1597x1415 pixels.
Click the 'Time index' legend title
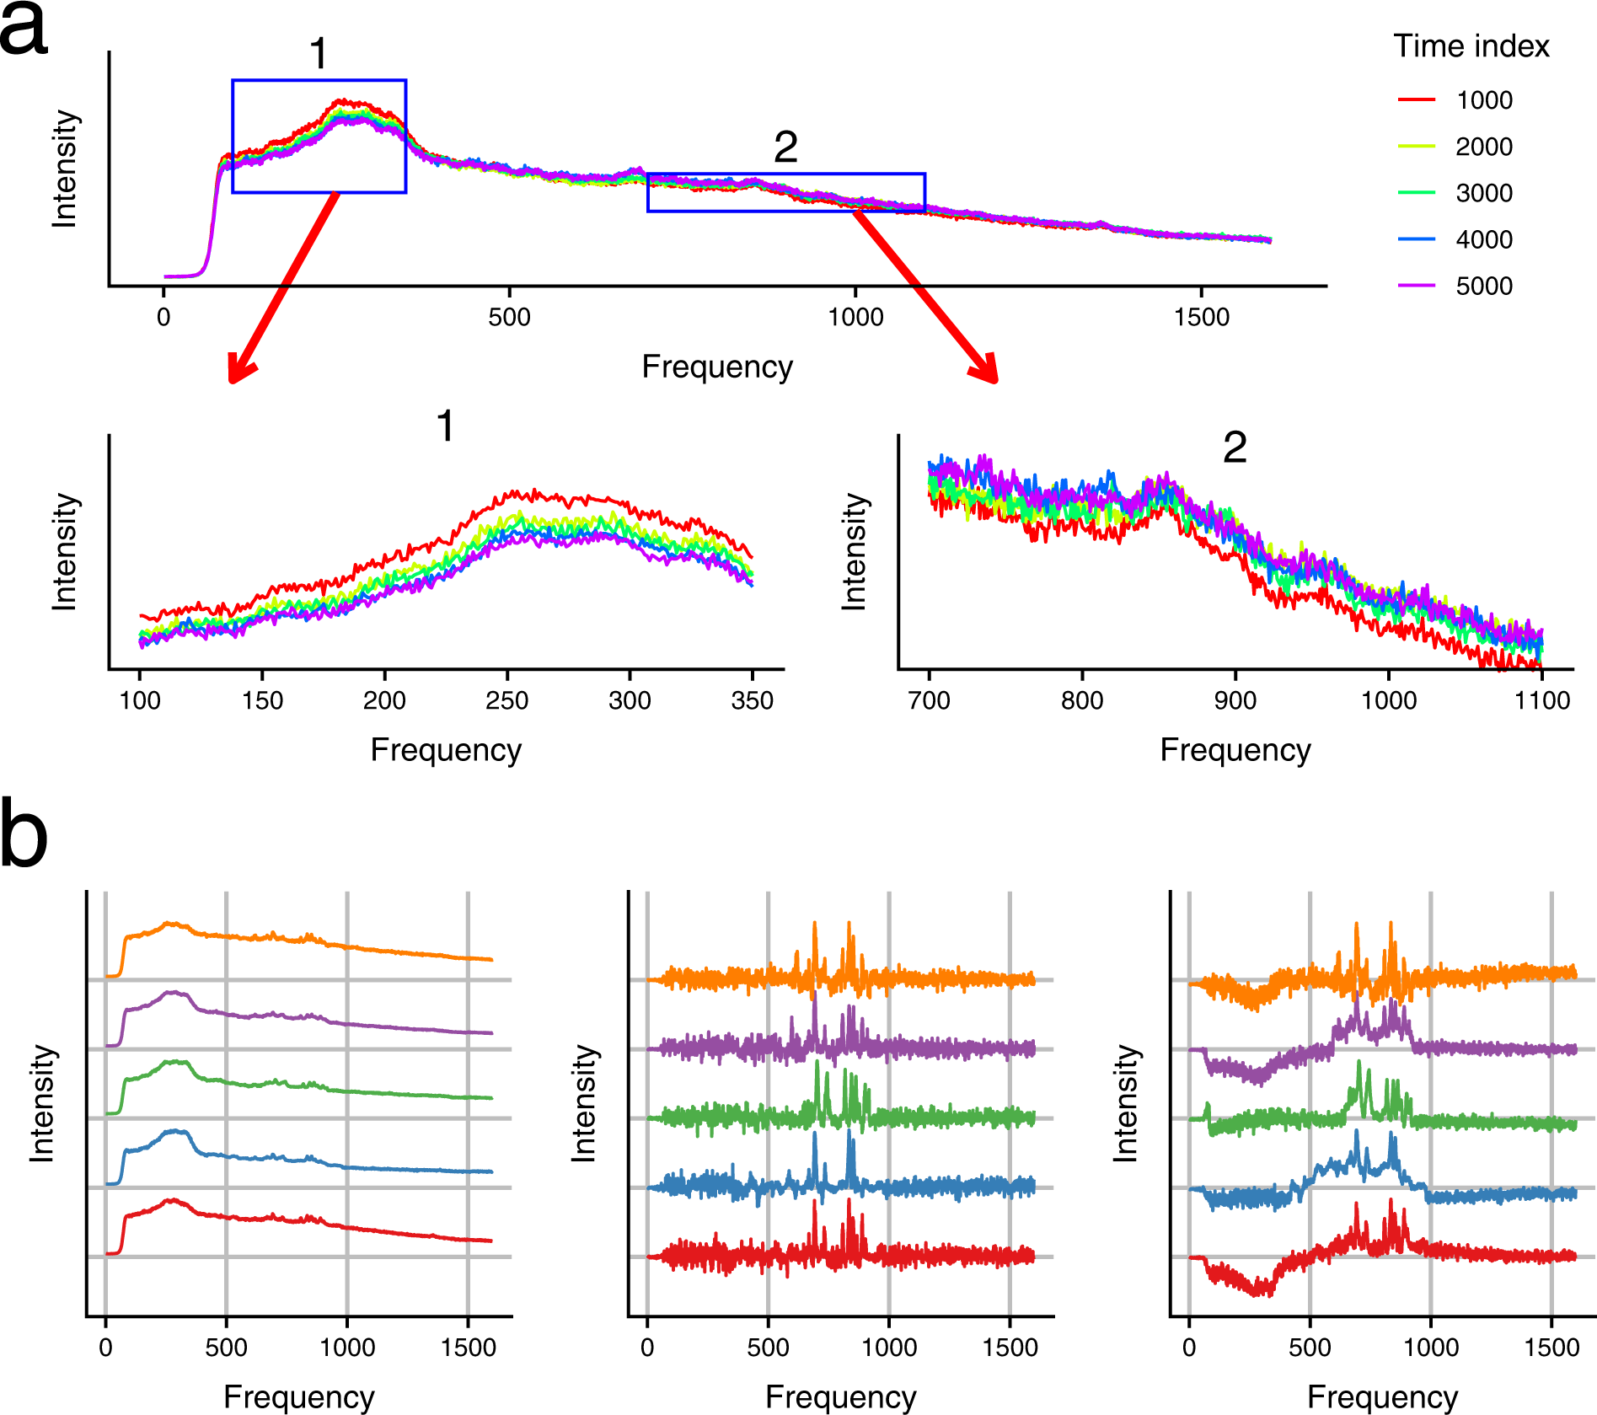click(x=1471, y=46)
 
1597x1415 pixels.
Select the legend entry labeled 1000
click(x=1483, y=100)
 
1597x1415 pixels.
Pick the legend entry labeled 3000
click(x=1483, y=193)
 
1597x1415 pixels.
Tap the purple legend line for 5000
click(x=1417, y=286)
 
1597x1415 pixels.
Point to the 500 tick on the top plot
click(x=509, y=317)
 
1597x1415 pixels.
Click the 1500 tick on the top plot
click(x=1202, y=317)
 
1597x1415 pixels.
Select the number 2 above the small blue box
click(x=785, y=148)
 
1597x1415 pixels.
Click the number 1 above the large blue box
click(x=318, y=54)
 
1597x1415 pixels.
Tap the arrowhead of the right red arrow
click(x=988, y=372)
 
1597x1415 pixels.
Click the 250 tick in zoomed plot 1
click(x=507, y=700)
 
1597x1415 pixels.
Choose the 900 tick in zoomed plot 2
click(x=1235, y=700)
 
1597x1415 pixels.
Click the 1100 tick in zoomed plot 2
click(x=1542, y=700)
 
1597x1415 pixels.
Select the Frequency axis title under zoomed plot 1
click(x=446, y=749)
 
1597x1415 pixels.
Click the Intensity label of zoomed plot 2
click(x=854, y=552)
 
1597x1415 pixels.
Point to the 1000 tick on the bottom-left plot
click(x=347, y=1347)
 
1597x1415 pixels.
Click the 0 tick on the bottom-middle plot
click(x=647, y=1347)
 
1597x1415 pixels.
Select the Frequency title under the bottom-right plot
click(x=1382, y=1396)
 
